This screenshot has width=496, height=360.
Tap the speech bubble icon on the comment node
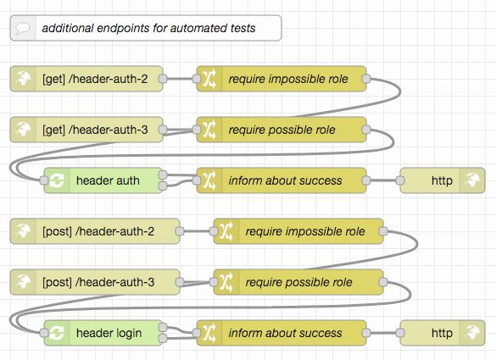(x=22, y=29)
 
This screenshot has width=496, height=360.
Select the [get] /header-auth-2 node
(x=94, y=80)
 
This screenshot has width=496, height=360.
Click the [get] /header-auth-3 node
(x=94, y=130)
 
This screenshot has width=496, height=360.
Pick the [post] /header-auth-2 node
(x=103, y=231)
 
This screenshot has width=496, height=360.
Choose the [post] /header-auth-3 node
(x=103, y=282)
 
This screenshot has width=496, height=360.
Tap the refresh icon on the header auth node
(x=56, y=180)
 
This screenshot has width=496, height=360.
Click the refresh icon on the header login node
(x=56, y=333)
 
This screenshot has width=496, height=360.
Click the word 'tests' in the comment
(x=241, y=29)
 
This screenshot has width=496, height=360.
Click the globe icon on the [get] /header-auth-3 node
(x=22, y=130)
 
